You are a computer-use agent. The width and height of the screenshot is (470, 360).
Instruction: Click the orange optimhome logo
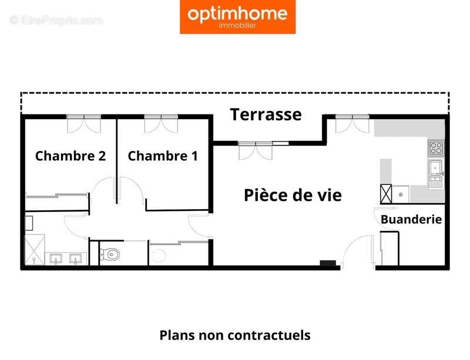[x=238, y=17]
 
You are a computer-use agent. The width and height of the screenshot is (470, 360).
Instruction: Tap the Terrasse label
[x=266, y=115]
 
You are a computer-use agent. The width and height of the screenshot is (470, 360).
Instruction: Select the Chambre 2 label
[x=70, y=156]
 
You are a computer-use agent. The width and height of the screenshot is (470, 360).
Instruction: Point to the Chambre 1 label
[x=163, y=156]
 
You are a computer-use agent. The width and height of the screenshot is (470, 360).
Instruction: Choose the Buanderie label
[x=411, y=220]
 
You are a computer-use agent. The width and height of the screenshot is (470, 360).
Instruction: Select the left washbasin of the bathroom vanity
[x=57, y=258]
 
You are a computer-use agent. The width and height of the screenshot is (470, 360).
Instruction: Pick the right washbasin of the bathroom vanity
[x=76, y=258]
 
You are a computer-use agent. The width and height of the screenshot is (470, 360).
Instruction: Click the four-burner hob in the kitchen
[x=435, y=147]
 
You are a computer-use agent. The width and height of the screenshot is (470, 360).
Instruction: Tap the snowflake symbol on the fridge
[x=401, y=194]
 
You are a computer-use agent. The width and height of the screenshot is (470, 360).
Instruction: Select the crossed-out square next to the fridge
[x=386, y=194]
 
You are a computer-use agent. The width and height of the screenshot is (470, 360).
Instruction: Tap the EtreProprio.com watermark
[x=56, y=21]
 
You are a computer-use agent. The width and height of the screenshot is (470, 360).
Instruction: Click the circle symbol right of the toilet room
[x=159, y=255]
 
